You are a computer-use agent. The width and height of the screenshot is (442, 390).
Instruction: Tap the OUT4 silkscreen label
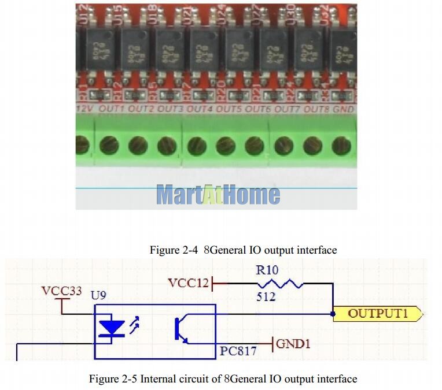pos(198,109)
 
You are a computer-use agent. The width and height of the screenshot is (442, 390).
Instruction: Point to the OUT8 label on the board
pos(316,109)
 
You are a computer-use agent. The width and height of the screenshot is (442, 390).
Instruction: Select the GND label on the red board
pos(344,109)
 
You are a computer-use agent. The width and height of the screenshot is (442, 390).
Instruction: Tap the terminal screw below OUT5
pos(225,145)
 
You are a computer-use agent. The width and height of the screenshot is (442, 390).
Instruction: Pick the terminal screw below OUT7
pos(284,145)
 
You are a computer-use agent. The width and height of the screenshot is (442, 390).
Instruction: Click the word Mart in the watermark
pos(179,195)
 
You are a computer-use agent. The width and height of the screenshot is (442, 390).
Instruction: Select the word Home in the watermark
pos(250,195)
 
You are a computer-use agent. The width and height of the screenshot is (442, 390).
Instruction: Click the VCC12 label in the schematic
pos(188,283)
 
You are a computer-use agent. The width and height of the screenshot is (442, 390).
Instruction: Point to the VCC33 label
pos(62,291)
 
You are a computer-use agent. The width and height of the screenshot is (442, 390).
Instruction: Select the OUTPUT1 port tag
pos(378,314)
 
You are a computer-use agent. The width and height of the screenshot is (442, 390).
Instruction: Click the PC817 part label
pos(238,351)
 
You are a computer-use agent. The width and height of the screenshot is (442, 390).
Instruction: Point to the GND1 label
pos(293,344)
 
